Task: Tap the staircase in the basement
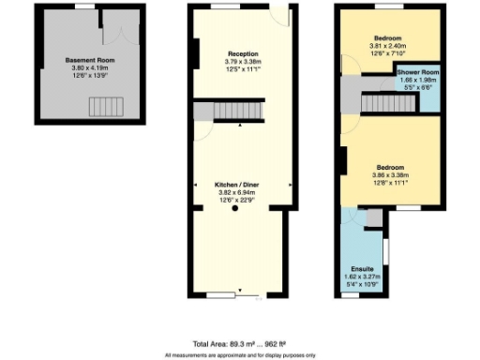pos(106,107)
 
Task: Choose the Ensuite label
pos(350,270)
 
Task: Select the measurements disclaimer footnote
pos(240,355)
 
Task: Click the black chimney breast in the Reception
pos(196,52)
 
